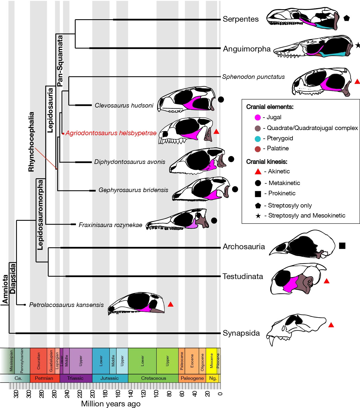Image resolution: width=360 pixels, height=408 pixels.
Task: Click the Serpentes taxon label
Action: (240, 19)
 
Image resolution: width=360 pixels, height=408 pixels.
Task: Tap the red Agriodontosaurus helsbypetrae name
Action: (111, 133)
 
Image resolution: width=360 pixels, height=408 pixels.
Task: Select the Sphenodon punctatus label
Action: (253, 77)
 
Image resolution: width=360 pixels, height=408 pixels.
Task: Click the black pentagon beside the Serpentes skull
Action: (346, 18)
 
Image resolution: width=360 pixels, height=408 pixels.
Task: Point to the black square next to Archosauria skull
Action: (342, 246)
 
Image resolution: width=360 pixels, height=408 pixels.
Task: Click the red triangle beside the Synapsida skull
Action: (331, 325)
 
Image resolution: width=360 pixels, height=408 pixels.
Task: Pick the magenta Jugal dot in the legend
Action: (258, 117)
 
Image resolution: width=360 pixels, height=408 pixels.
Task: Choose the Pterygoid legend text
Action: (280, 138)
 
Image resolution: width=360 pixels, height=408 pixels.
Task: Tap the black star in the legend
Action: (258, 216)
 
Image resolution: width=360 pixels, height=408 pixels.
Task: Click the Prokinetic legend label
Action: (282, 193)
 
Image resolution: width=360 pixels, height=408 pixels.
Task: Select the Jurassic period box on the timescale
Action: (110, 378)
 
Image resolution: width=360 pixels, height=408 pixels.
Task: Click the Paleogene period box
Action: (192, 378)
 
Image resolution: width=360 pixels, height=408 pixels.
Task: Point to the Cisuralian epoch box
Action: (38, 361)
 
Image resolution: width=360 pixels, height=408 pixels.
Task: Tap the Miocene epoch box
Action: (211, 361)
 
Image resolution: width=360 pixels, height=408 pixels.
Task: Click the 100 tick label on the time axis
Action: (156, 393)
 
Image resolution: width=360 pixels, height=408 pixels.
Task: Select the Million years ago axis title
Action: (111, 404)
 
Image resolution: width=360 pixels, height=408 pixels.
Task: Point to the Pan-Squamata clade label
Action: (60, 61)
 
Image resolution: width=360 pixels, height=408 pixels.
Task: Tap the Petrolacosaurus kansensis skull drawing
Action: (137, 304)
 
